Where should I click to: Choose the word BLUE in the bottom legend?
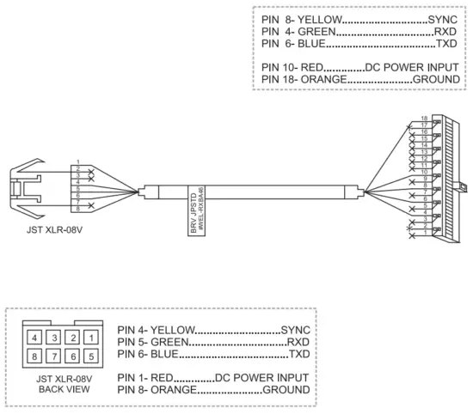[165, 354]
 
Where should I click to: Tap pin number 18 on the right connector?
[423, 118]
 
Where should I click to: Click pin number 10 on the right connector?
[423, 172]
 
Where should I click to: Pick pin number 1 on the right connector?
[423, 231]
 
